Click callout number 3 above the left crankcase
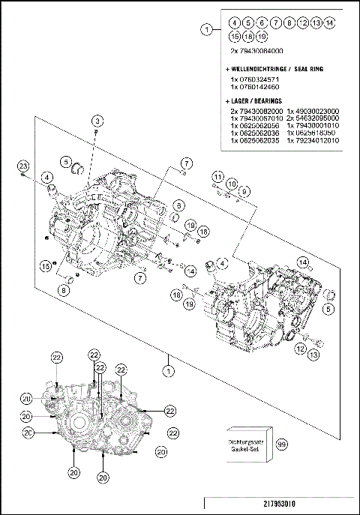click(x=97, y=121)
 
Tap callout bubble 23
click(x=23, y=165)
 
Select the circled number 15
click(x=46, y=265)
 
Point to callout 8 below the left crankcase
click(x=64, y=290)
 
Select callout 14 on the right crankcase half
click(x=304, y=262)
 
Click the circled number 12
click(x=299, y=349)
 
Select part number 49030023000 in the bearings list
click(x=313, y=110)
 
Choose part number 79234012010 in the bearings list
click(x=313, y=139)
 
